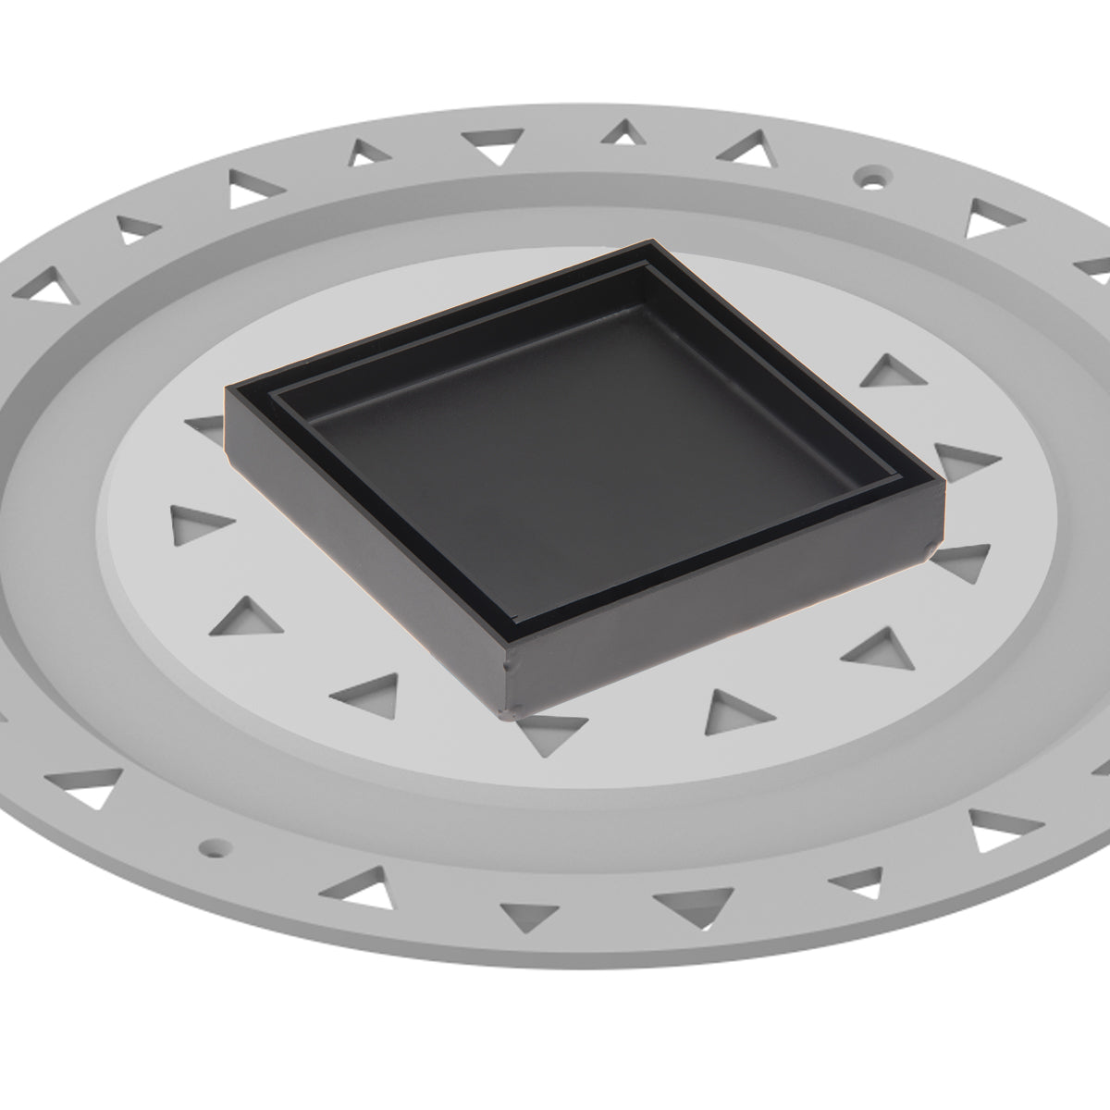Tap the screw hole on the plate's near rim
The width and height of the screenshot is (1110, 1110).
(x=215, y=845)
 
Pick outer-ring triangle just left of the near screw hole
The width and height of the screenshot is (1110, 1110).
(x=92, y=783)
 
